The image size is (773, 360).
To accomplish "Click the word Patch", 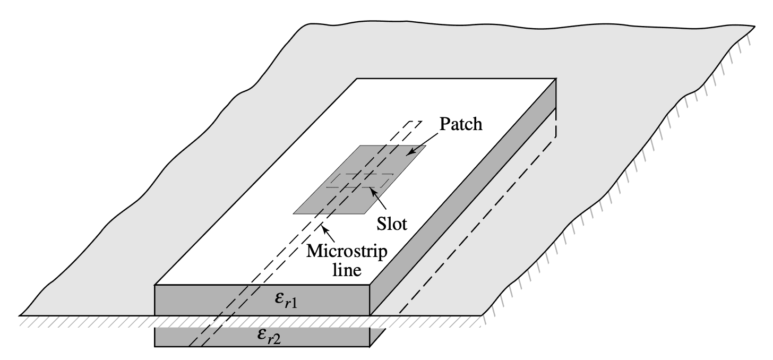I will pos(461,125).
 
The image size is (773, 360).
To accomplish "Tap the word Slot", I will pos(391,224).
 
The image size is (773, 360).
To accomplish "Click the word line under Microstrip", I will pos(347,269).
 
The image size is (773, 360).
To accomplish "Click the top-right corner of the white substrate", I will pos(555,79).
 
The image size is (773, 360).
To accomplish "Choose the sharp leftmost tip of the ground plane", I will pos(20,315).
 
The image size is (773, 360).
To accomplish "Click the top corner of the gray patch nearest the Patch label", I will pos(425,146).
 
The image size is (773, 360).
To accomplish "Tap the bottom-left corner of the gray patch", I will pos(294,214).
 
